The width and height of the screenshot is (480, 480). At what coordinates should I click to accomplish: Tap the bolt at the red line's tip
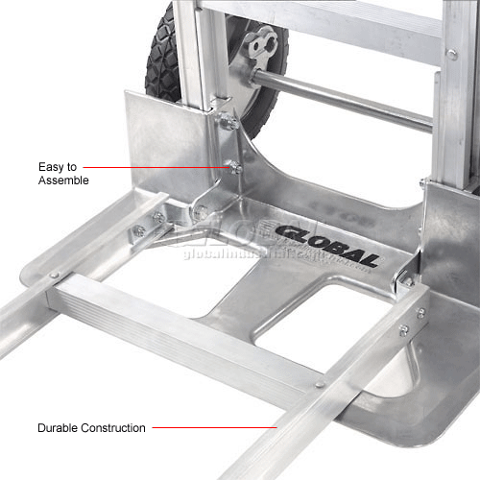(x=233, y=168)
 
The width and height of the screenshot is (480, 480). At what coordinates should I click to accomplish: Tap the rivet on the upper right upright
(x=450, y=54)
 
